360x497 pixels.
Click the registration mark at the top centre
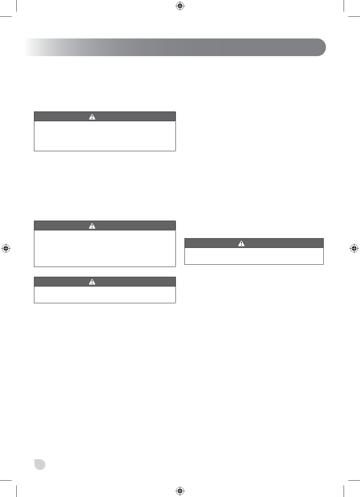(x=179, y=6)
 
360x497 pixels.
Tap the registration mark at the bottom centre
(x=179, y=490)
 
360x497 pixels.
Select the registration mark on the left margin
(x=6, y=248)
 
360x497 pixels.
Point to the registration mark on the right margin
(x=354, y=248)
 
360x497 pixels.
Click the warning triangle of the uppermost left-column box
(x=92, y=117)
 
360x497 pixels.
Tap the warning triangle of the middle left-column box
(x=92, y=226)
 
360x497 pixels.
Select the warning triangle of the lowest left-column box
(x=92, y=282)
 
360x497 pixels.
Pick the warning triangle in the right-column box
(x=241, y=243)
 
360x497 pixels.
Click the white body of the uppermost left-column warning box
(x=105, y=136)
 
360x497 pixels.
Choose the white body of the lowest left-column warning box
(x=105, y=295)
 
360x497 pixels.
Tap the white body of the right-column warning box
(x=254, y=256)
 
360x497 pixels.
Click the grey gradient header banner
(x=176, y=47)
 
